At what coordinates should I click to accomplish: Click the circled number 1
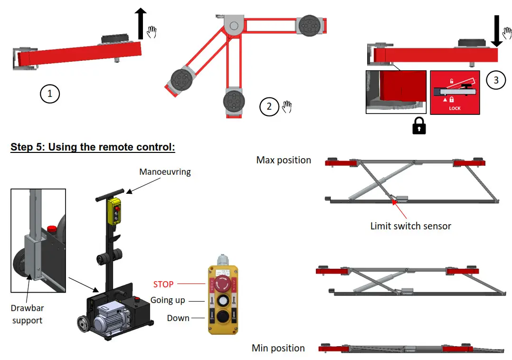49,94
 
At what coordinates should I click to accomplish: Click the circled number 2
269,106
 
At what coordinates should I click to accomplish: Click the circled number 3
496,80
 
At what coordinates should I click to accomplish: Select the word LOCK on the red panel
455,108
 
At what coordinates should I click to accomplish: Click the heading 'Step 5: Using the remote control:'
93,147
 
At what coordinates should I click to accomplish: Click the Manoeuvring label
165,172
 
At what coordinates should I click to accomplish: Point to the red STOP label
163,284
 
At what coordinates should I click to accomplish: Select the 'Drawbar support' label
27,314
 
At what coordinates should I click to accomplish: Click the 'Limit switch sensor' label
410,226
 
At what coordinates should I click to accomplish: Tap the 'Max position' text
284,160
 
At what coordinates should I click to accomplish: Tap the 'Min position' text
278,348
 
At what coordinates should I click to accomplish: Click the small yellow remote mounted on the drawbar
114,211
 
